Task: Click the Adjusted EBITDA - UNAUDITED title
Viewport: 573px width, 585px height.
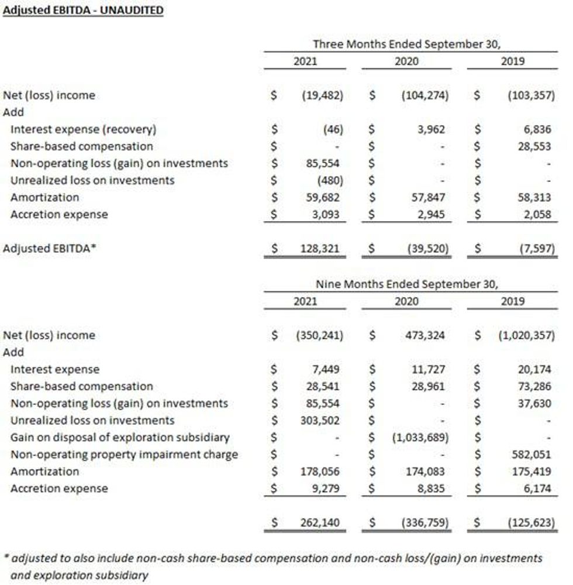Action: [83, 11]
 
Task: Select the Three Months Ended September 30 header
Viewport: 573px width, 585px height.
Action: [407, 44]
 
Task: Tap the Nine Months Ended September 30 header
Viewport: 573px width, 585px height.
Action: [407, 285]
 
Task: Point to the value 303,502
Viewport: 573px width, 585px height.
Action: [319, 421]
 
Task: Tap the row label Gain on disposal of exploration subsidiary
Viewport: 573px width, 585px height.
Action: [120, 438]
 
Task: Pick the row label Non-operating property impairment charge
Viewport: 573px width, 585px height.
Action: [124, 455]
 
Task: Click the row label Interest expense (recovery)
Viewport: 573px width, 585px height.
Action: [84, 129]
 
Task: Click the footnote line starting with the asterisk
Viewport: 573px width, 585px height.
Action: [272, 559]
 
